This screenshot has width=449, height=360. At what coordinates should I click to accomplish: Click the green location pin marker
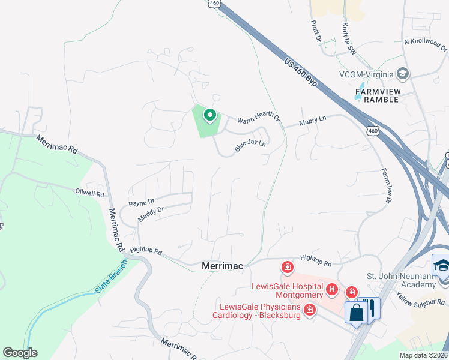coord(209,114)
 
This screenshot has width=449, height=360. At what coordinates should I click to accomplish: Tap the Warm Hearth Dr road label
coord(259,119)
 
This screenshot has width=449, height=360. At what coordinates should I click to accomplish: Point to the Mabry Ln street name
coord(313,122)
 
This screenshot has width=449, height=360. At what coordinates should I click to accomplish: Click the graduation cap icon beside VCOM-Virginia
coord(403,74)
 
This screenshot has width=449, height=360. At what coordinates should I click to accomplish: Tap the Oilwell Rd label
coord(89,194)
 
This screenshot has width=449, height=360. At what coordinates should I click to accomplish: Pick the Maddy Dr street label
coord(151,214)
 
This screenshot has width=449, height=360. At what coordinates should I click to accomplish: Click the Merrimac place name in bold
coord(221,265)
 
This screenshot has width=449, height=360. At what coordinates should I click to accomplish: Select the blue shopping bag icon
coord(356,313)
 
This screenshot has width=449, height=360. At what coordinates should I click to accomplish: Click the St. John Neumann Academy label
coord(401,280)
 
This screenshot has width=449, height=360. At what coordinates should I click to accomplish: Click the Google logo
coord(20,353)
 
